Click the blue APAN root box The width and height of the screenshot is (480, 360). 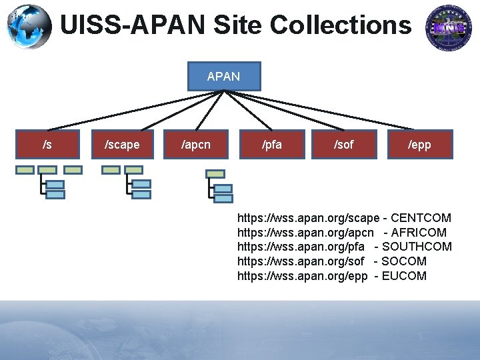click(223, 77)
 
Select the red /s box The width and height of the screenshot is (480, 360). click(47, 144)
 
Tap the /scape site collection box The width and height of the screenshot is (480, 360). click(123, 144)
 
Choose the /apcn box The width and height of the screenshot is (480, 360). click(196, 144)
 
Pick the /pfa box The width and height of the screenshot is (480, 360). click(271, 144)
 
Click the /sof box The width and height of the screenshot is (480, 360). click(344, 144)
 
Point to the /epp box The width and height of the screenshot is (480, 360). click(419, 144)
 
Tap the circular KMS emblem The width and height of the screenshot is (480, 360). click(449, 27)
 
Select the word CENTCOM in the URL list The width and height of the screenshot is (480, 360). click(421, 218)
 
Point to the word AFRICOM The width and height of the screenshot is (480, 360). click(419, 233)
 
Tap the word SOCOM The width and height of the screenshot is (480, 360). click(404, 261)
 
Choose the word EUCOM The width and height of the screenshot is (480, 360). click(404, 276)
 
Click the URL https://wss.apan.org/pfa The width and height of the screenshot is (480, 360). click(301, 247)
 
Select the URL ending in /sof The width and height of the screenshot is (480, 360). click(301, 261)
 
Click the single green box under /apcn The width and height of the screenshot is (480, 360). click(215, 173)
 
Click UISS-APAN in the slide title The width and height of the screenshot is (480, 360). click(133, 26)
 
